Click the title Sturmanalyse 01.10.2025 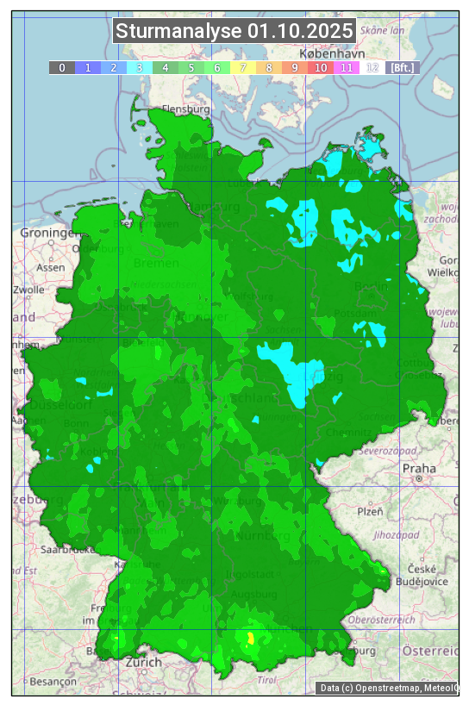click(x=234, y=31)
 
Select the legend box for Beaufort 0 click(x=61, y=67)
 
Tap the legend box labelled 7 click(x=243, y=67)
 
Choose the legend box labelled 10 click(x=321, y=67)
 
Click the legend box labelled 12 click(x=372, y=67)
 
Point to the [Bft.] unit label click(x=402, y=67)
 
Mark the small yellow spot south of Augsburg click(x=251, y=639)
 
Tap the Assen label click(x=50, y=267)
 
